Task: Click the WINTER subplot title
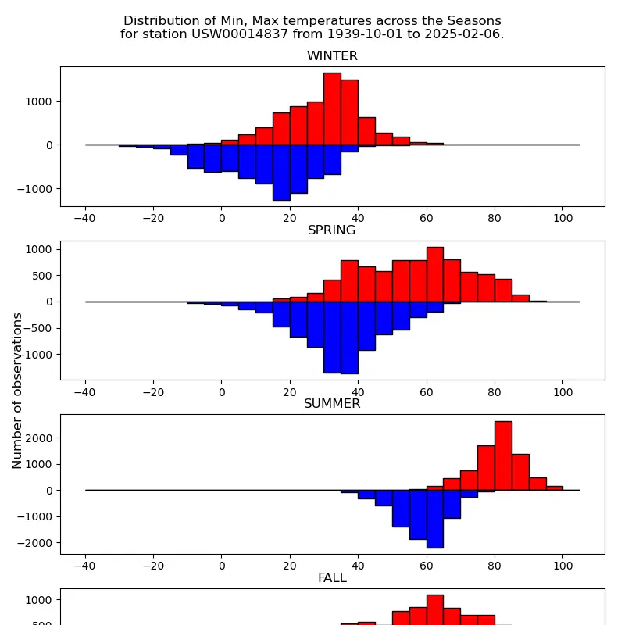(x=332, y=56)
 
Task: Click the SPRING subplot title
(x=332, y=230)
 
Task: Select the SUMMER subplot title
(x=332, y=404)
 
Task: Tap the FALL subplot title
(x=332, y=578)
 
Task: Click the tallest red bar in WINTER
(x=332, y=109)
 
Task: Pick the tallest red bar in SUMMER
(x=503, y=455)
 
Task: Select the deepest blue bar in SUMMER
(x=434, y=519)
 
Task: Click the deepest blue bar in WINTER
(x=281, y=173)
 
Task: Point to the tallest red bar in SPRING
(x=434, y=274)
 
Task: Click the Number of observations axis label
(x=17, y=391)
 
